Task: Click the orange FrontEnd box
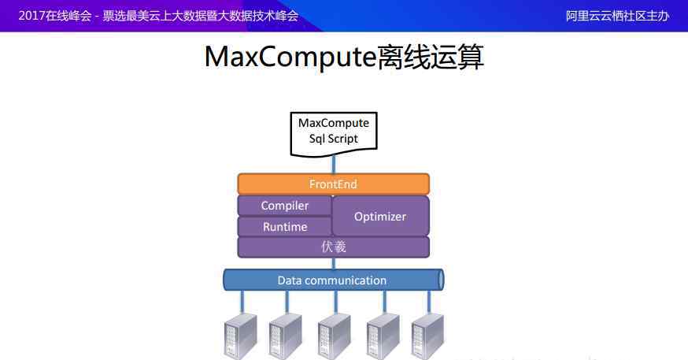[334, 184]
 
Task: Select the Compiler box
[285, 206]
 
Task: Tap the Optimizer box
[380, 216]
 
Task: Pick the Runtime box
[285, 227]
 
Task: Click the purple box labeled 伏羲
[334, 247]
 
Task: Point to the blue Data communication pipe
[334, 280]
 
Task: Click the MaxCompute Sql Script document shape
[334, 134]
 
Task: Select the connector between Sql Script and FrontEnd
[334, 165]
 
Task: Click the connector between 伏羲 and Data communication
[334, 263]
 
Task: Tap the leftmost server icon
[240, 336]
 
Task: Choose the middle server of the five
[335, 336]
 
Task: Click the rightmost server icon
[427, 336]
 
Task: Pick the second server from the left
[285, 336]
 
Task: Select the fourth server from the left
[383, 336]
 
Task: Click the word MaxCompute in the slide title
[290, 57]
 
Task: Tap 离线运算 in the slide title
[430, 57]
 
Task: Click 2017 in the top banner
[31, 16]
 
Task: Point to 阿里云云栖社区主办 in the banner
[617, 16]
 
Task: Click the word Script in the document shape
[342, 139]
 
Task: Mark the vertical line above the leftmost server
[242, 302]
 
